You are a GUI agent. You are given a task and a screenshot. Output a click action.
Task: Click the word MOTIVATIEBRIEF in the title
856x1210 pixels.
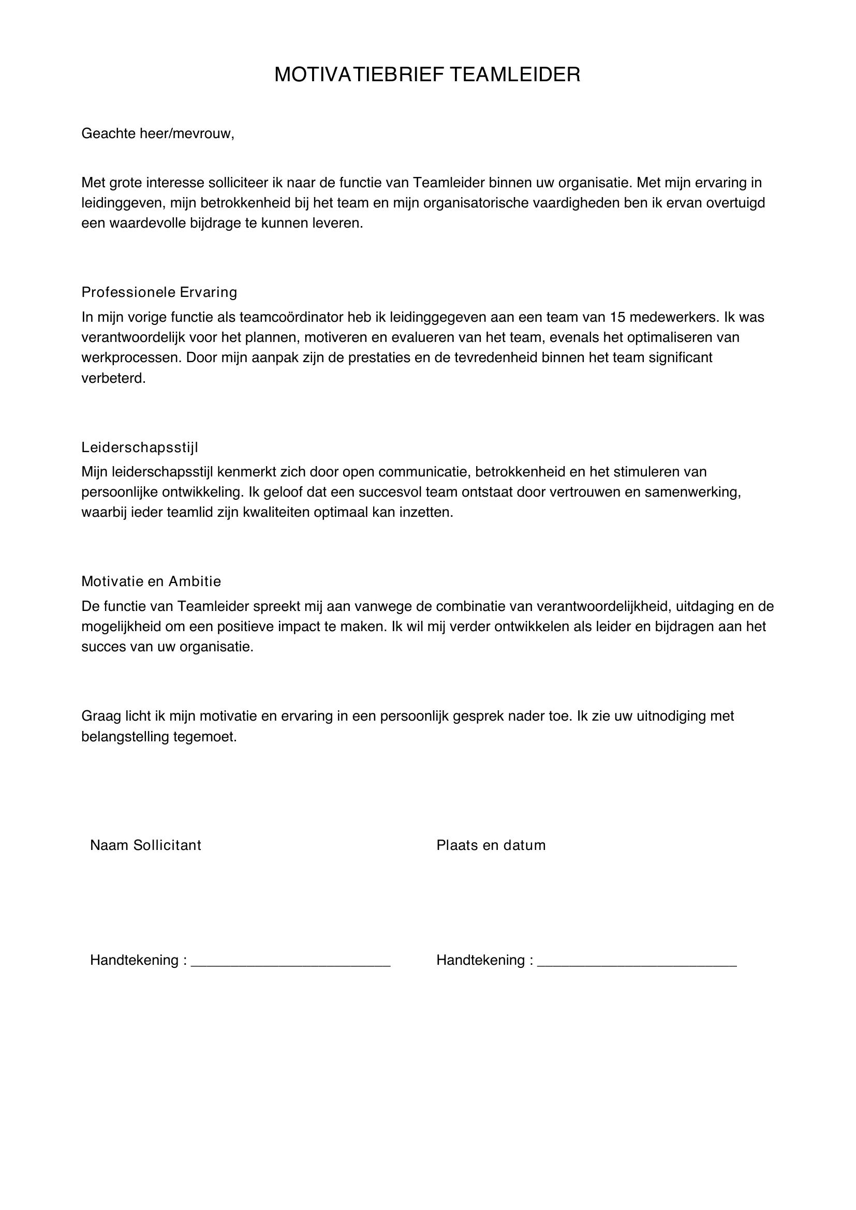[x=359, y=75]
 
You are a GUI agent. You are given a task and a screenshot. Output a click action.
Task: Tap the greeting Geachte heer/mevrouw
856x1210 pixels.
[x=157, y=133]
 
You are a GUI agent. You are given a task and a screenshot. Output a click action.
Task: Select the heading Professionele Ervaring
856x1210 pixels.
[x=159, y=292]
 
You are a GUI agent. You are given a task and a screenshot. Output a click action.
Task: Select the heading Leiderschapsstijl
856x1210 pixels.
[x=140, y=447]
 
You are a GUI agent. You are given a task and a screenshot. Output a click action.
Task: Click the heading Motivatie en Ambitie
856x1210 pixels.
[x=151, y=581]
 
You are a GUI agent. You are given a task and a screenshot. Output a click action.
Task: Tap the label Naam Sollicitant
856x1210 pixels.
[x=145, y=845]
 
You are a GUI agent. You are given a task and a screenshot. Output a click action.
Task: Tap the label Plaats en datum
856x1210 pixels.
[x=491, y=845]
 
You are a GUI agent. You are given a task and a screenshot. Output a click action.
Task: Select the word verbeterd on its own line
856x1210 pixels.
[x=113, y=378]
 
